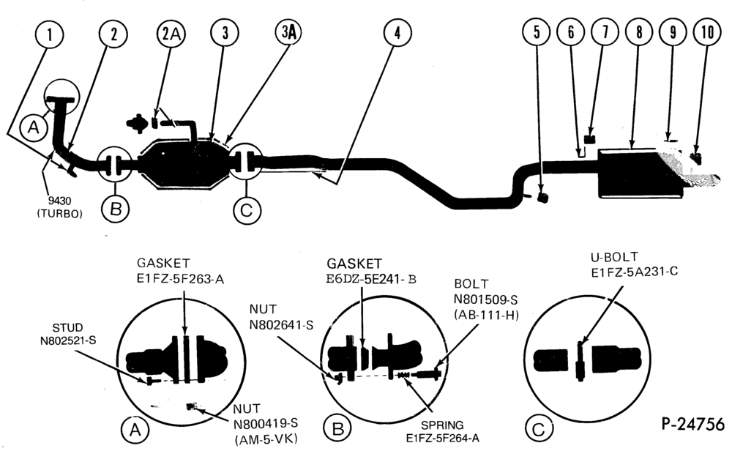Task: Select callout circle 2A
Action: (x=171, y=34)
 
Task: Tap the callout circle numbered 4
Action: (x=397, y=33)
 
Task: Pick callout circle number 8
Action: (x=639, y=31)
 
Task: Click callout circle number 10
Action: (x=707, y=31)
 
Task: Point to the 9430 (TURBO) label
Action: (x=60, y=208)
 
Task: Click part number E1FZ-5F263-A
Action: (x=180, y=280)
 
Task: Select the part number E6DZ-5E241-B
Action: (x=371, y=279)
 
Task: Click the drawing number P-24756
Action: (x=693, y=424)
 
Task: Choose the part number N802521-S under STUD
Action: (x=68, y=340)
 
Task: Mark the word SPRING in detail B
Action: (x=442, y=425)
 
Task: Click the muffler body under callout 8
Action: (x=640, y=173)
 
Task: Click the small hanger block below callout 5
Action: (x=542, y=196)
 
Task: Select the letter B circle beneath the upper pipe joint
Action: (x=116, y=209)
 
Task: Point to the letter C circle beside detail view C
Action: (x=538, y=428)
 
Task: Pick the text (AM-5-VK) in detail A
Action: (x=265, y=439)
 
